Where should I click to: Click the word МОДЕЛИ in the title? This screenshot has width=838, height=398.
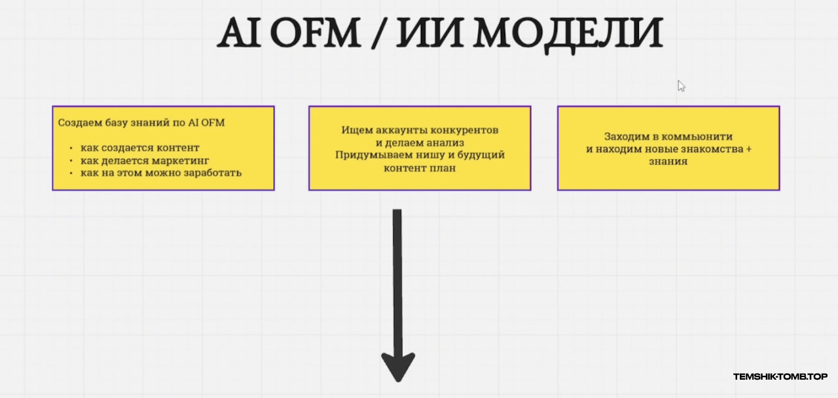point(568,35)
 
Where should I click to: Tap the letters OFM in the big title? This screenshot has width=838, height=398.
point(315,33)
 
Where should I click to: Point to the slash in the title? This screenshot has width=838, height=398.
point(378,33)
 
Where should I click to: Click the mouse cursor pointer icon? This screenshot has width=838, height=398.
point(682,86)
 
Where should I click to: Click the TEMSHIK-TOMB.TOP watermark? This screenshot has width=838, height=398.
point(780,376)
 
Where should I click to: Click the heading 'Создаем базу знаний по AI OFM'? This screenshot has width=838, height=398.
point(141,122)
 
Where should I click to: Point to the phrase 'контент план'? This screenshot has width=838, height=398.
point(420,168)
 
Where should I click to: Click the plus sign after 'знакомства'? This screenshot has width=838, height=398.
point(748,149)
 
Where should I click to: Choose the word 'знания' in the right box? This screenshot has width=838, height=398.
point(668,162)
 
